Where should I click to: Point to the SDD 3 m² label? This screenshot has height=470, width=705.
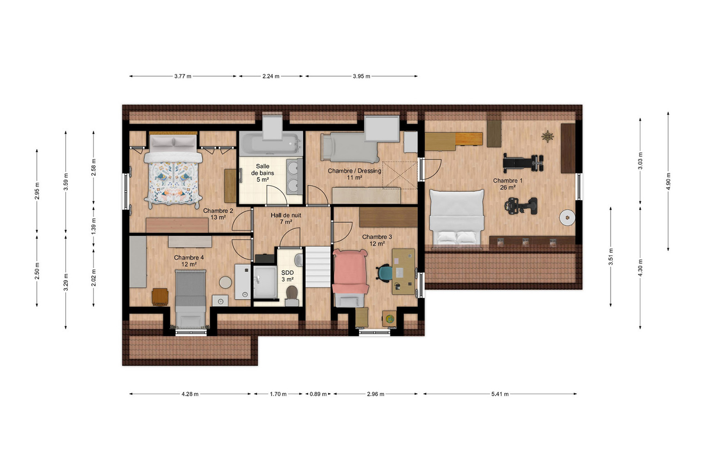click(x=287, y=276)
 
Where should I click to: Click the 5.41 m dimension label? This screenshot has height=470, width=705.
click(x=500, y=394)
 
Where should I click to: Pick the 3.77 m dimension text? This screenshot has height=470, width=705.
click(x=183, y=76)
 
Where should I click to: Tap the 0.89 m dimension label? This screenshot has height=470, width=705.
click(x=318, y=394)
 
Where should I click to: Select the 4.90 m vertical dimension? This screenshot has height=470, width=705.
click(x=668, y=181)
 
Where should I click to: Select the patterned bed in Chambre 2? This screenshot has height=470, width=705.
click(x=173, y=171)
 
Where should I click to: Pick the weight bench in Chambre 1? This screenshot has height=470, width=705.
click(x=523, y=163)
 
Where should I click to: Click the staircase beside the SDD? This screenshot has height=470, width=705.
click(x=318, y=267)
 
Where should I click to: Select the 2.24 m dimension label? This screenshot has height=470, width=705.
click(x=271, y=76)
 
